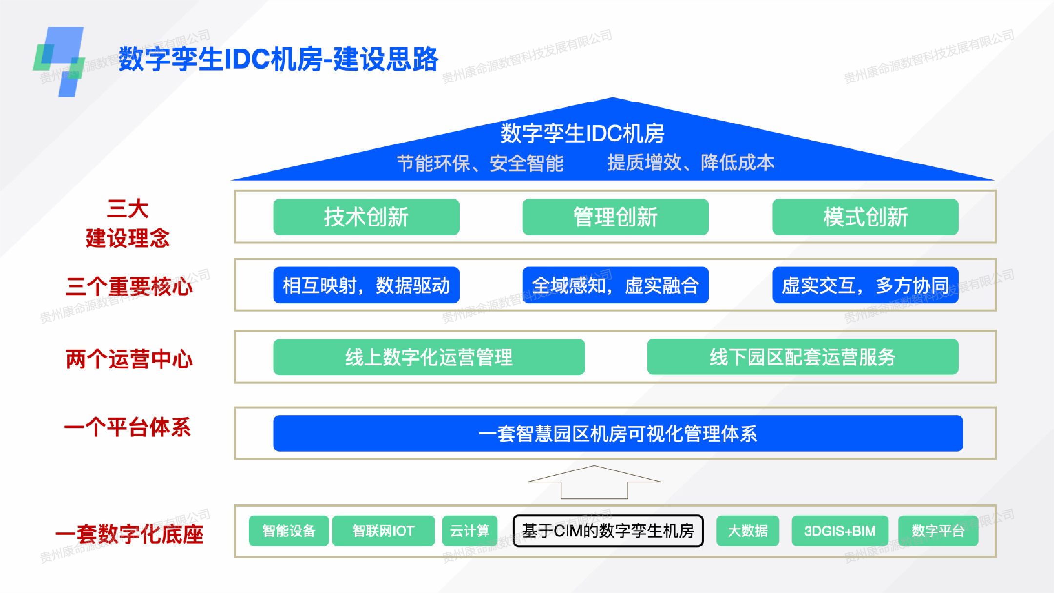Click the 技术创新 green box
366,217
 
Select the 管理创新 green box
615,217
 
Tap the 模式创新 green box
865,217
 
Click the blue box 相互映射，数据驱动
366,285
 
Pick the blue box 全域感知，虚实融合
615,285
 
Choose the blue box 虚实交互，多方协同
865,285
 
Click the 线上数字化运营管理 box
428,357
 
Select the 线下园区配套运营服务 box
802,357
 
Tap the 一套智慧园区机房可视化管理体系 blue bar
617,433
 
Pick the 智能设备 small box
288,531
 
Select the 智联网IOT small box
383,531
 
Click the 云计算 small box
469,531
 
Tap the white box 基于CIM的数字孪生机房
608,531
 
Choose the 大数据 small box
747,531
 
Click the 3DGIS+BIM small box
839,531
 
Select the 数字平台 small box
938,531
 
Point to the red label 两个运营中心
129,359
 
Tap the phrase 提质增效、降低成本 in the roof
690,163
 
